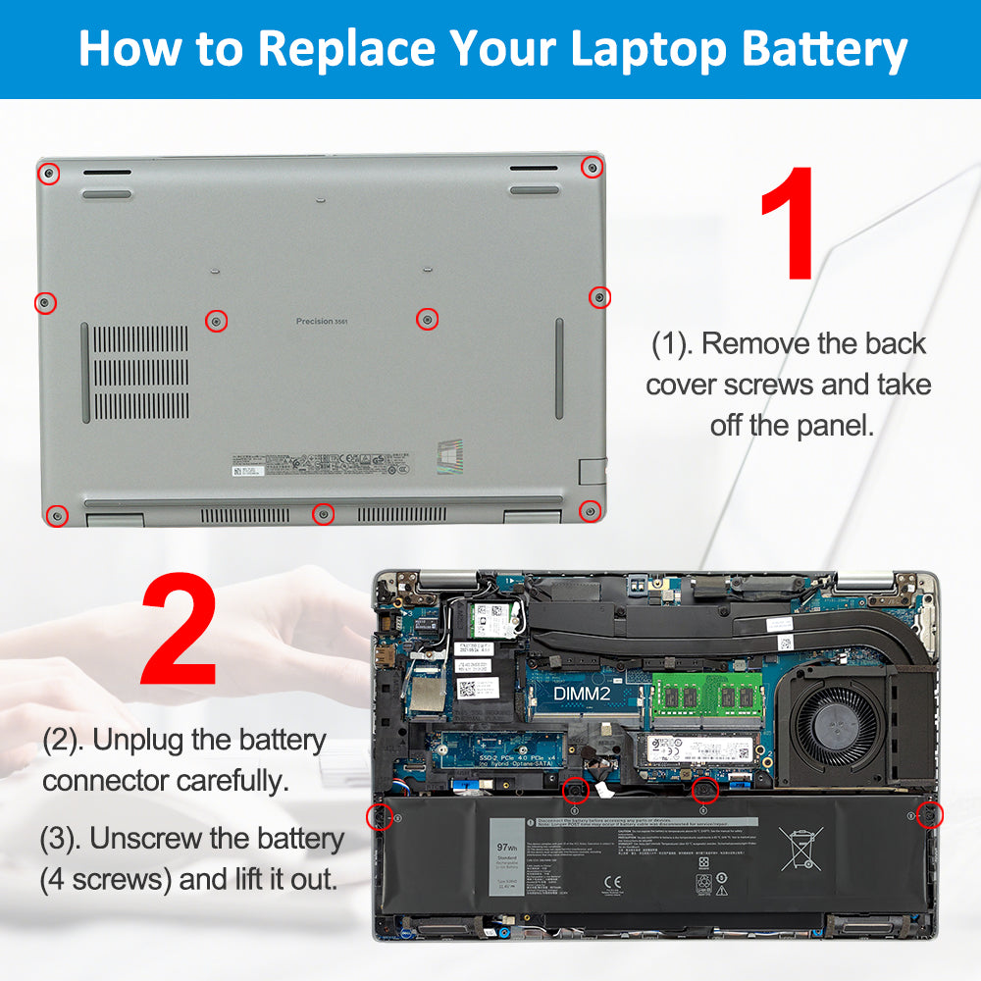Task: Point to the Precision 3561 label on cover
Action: point(322,322)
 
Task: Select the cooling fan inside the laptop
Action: point(838,726)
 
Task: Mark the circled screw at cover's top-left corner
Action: point(49,175)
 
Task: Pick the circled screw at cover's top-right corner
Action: point(592,167)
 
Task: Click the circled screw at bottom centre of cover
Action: point(323,513)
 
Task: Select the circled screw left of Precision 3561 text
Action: point(217,321)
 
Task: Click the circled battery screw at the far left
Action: point(377,816)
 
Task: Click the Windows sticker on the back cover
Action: point(451,459)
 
